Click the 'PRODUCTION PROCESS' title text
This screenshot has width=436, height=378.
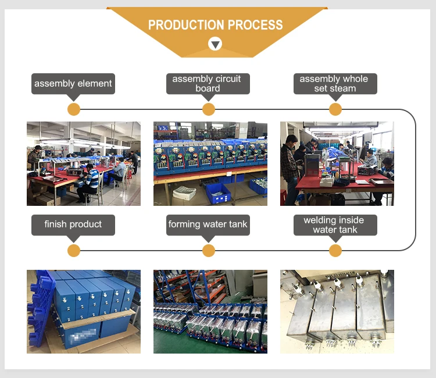pos(215,25)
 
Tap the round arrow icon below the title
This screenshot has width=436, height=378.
pos(215,44)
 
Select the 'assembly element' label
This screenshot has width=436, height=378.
pos(73,83)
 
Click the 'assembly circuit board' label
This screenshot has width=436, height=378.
pos(208,83)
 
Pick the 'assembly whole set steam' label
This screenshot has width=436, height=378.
pos(334,83)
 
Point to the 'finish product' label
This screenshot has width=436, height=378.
pos(73,224)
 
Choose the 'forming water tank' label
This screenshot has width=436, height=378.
pos(208,224)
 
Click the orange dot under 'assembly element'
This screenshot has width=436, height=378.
pos(73,109)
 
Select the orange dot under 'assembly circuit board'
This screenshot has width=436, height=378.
pos(208,109)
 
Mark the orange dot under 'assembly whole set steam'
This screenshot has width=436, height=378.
pos(335,109)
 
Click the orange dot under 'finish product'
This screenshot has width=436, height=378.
pos(73,251)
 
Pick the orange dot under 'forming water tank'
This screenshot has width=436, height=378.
pos(208,251)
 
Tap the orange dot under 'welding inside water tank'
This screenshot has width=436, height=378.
pos(335,251)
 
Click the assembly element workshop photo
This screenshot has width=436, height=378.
pos(83,163)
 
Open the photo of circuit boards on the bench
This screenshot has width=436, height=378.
pos(210,163)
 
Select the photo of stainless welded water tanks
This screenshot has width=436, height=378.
pos(337,311)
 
